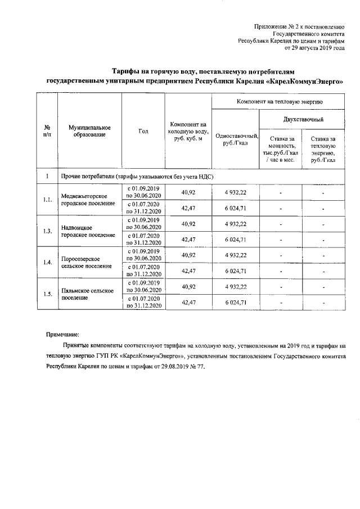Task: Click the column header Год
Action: [x=143, y=131]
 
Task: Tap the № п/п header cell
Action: [x=48, y=131]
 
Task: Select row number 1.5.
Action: [x=48, y=294]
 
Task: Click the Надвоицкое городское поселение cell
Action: [x=85, y=231]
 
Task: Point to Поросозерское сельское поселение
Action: [x=85, y=262]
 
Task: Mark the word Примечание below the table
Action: [x=64, y=333]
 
